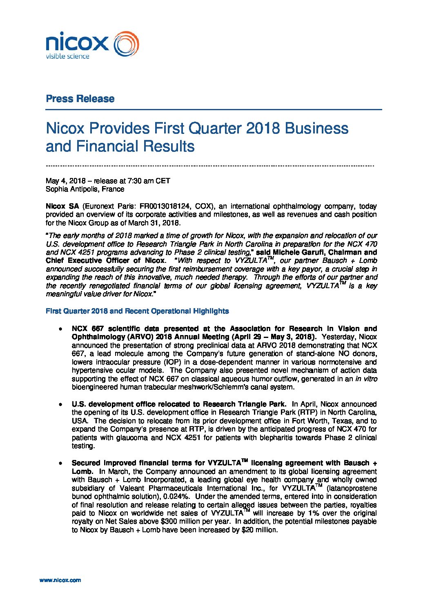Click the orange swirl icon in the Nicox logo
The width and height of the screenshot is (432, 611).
tap(126, 44)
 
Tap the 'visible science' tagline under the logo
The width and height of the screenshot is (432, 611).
tap(67, 56)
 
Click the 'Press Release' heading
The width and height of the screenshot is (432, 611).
tap(80, 99)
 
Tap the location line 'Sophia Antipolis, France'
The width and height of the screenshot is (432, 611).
tap(85, 189)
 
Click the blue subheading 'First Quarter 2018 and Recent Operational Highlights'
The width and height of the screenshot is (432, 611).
tap(137, 311)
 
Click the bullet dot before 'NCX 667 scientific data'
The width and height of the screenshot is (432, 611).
tap(60, 329)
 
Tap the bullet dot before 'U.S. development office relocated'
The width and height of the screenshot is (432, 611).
tap(60, 404)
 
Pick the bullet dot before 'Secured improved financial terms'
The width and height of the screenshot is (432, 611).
tap(60, 463)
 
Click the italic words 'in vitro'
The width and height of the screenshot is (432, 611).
tap(366, 379)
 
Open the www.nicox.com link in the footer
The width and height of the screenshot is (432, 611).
tap(60, 580)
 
